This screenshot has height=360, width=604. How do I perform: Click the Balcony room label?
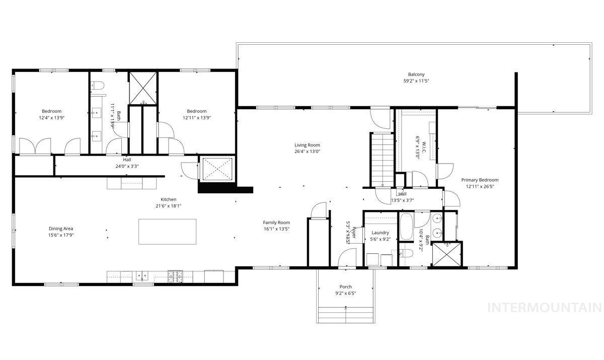[x=416, y=75]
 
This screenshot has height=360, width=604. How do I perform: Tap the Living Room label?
[x=307, y=145]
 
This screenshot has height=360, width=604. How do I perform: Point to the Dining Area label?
[x=61, y=229]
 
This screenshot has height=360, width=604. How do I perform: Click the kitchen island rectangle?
[x=167, y=231]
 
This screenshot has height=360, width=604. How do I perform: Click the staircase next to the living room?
[x=382, y=159]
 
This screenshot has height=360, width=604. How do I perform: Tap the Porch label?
[x=345, y=286]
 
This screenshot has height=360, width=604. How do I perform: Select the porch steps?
[x=345, y=315]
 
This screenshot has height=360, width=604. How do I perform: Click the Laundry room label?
[x=380, y=233]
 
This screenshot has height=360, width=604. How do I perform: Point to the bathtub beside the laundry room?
[x=405, y=227]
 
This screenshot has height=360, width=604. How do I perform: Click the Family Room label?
[x=276, y=222]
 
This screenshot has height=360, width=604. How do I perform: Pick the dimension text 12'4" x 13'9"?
[x=51, y=117]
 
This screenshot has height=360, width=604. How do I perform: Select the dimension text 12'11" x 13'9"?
[x=196, y=117]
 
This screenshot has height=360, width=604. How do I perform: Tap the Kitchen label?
[x=168, y=199]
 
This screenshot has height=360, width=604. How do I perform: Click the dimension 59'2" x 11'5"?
[x=416, y=81]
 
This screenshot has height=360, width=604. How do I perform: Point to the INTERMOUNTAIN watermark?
[x=545, y=307]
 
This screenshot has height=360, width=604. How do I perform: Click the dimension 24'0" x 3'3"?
[x=127, y=166]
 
